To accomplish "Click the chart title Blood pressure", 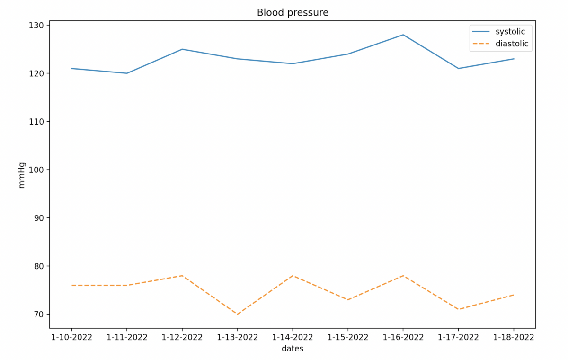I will (x=293, y=13).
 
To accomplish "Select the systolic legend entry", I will (x=510, y=32).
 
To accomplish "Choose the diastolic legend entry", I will (x=512, y=44).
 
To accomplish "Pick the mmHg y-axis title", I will (x=22, y=175).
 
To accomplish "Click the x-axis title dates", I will (x=293, y=349).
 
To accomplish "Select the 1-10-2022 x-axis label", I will (x=72, y=338).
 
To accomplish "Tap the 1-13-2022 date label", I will (x=238, y=338).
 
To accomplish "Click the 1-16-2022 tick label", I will (x=403, y=338).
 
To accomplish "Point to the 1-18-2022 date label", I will (x=514, y=338).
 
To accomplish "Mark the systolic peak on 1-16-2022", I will (x=403, y=35).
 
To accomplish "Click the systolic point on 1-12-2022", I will (x=182, y=49).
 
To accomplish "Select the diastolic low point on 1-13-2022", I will (x=238, y=314).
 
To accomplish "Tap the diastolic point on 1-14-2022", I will (x=293, y=276).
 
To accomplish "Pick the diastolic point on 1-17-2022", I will (x=458, y=309).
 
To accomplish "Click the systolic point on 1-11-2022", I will (x=127, y=73).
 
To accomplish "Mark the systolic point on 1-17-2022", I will (x=458, y=68).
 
